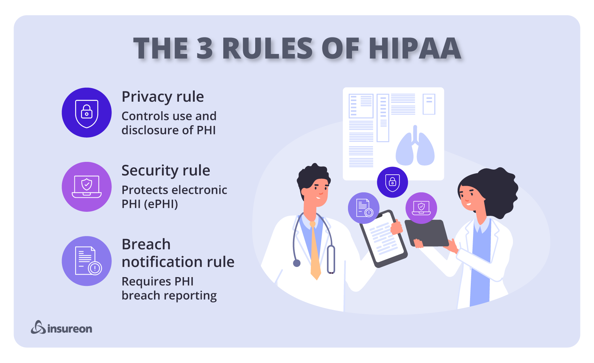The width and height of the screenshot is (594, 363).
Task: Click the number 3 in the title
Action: [204, 48]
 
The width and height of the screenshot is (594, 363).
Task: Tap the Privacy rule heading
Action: [162, 97]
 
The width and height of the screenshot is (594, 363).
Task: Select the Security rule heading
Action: [166, 170]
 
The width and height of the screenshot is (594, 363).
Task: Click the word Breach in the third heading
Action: [146, 244]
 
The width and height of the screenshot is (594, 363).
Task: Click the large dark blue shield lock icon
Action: [87, 113]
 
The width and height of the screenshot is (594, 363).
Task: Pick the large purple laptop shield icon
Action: [87, 187]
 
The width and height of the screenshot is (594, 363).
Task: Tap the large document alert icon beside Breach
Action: [87, 261]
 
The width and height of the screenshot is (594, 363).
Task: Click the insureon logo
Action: [62, 327]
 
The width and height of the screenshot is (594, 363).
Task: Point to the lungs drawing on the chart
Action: [415, 146]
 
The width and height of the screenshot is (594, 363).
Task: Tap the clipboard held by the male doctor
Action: [383, 239]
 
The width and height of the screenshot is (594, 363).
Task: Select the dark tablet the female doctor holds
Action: [427, 233]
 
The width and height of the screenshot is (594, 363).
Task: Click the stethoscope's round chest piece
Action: [297, 263]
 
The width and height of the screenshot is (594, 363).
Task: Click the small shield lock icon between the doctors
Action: [392, 182]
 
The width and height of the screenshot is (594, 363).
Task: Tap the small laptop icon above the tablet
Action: [421, 208]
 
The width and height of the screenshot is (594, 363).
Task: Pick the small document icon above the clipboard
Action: [363, 208]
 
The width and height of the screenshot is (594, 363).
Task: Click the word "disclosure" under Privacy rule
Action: [150, 130]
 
